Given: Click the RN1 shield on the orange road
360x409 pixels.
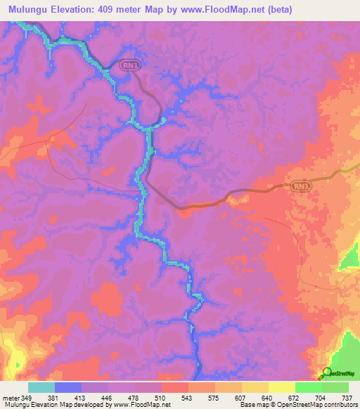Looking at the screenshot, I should [300, 186].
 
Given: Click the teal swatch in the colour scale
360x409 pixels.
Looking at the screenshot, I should [41, 387].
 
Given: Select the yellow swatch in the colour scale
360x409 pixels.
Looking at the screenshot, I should [281, 387].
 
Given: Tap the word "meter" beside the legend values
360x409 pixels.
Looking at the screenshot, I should [11, 397].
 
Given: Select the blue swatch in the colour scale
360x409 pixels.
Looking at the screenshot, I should [68, 387].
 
